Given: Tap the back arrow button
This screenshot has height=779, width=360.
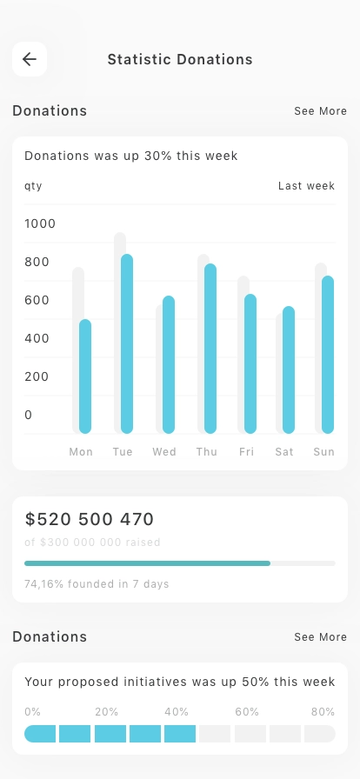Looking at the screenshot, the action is [x=30, y=59].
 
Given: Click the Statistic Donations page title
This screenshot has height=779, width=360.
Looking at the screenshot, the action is [x=180, y=60].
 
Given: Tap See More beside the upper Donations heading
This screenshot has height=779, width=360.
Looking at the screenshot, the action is [x=320, y=110].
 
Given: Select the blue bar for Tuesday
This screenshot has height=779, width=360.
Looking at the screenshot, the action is [x=127, y=343].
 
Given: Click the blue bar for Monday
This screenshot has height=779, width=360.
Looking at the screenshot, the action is [x=85, y=376].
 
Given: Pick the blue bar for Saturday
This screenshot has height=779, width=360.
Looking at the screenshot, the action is [x=289, y=370].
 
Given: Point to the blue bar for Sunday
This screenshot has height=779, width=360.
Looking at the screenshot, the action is [x=327, y=355].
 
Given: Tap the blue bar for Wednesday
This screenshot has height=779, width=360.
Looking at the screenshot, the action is [x=169, y=364].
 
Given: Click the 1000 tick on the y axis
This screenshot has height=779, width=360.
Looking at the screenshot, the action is [x=40, y=223].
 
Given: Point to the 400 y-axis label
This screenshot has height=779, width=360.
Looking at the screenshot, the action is [x=37, y=338].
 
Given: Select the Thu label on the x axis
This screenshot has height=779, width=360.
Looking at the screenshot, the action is [x=206, y=451].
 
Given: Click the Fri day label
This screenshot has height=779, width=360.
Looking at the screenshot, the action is [x=246, y=451].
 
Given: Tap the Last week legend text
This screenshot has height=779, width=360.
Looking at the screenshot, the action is [x=306, y=186].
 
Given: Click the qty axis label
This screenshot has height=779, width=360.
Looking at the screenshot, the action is [x=33, y=186].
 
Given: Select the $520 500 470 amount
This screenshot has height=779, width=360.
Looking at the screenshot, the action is [x=90, y=519].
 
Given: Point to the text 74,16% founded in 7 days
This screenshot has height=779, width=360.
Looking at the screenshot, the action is [x=97, y=583].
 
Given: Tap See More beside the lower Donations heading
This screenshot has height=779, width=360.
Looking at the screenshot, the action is [x=320, y=637].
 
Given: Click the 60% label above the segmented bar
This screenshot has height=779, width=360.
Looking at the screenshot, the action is [x=247, y=712].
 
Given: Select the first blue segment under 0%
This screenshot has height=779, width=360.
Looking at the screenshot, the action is [x=40, y=734].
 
